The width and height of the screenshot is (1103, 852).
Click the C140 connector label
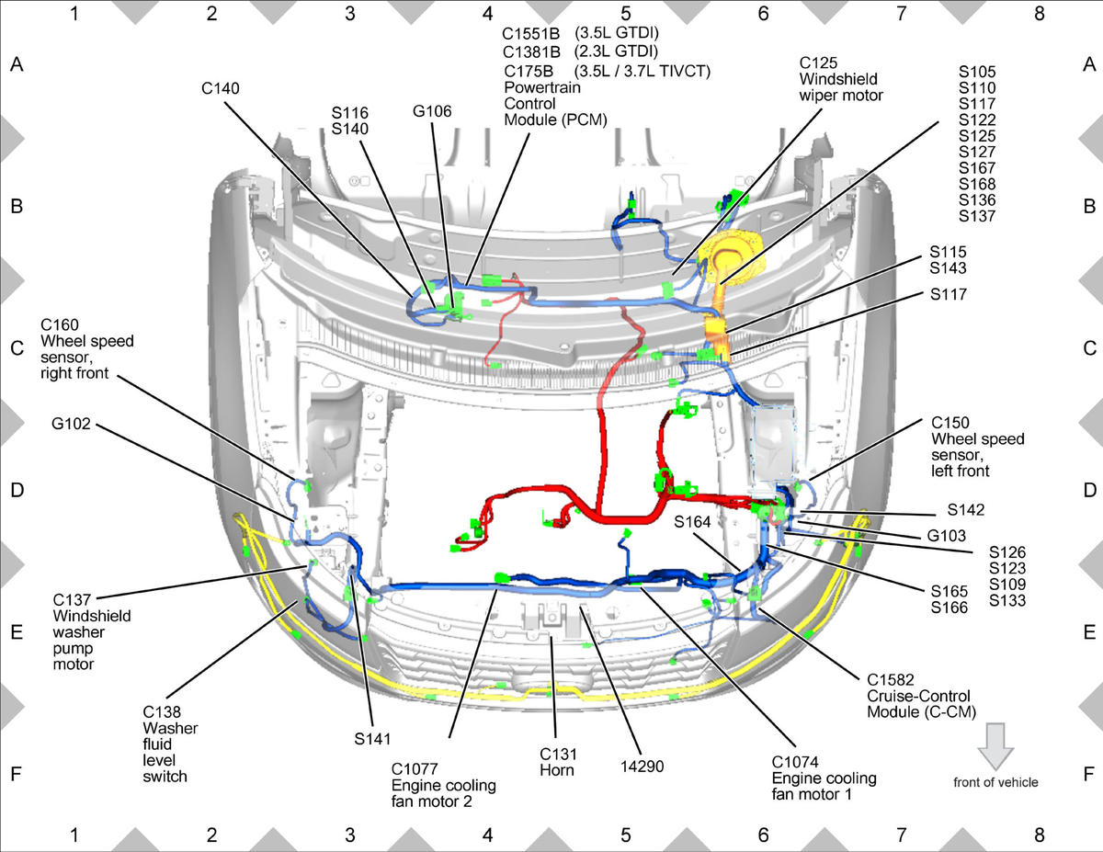tap(221, 88)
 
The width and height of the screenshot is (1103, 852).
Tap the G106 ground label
tap(432, 111)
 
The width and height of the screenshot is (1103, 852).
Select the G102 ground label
tap(71, 423)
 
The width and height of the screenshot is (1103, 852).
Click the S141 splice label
tap(372, 739)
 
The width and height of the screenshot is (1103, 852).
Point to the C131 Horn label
tap(557, 762)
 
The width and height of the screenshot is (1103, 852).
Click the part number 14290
tap(642, 767)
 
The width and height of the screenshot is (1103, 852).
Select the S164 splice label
tap(692, 522)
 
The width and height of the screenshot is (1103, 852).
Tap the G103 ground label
tap(946, 535)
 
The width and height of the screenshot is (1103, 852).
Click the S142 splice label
tap(966, 509)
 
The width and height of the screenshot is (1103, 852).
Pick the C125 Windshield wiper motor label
tap(841, 79)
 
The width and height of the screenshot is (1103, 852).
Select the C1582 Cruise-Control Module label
tap(921, 696)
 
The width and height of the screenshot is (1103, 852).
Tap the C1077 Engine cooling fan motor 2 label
tap(444, 785)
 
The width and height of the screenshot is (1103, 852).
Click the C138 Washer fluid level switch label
tap(170, 744)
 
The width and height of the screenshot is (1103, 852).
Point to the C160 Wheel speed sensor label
tap(86, 349)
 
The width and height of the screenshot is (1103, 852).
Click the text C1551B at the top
tap(531, 33)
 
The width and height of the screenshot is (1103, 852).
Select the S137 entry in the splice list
tap(977, 216)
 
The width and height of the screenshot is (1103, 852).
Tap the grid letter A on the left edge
tap(17, 64)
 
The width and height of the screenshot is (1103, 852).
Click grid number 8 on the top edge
tap(1040, 14)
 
